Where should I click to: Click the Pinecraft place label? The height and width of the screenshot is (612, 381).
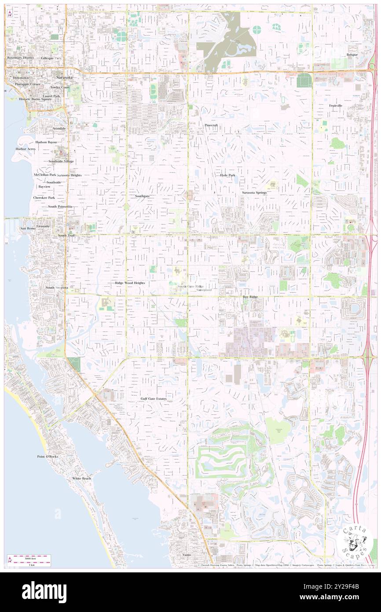coord(211,125)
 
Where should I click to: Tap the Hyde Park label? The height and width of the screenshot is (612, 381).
coord(227,175)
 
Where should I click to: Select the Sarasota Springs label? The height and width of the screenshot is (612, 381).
coord(254,193)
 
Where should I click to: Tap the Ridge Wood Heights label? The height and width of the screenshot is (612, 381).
coord(130,283)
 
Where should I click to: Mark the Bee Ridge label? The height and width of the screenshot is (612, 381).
coord(250,297)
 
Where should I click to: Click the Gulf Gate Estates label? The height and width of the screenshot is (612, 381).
coord(154,398)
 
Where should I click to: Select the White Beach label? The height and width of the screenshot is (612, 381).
coord(82,478)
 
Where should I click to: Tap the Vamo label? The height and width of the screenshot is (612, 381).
coord(187,555)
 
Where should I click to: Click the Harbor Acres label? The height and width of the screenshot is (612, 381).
coord(25,149)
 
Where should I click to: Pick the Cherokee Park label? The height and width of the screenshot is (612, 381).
coord(44,198)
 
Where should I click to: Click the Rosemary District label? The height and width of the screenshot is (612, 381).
coord(20,58)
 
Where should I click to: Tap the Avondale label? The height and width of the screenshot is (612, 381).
coord(59,129)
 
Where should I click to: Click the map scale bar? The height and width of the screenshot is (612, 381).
coord(29,560)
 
